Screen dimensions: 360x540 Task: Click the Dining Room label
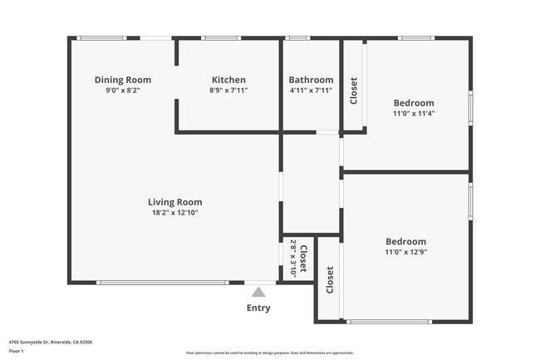coord(122,80)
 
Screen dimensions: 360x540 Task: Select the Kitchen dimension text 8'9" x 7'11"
coord(228,91)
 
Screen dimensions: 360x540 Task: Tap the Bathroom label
coord(311,80)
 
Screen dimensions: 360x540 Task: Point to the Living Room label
coord(174,202)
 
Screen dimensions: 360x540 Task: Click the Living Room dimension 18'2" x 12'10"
coord(174,213)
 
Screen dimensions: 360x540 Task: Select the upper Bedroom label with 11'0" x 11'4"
coord(414,103)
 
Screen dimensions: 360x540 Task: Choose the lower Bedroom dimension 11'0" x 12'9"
coord(405,252)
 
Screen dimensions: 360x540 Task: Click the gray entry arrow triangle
coord(258,292)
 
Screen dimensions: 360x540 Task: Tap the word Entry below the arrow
coord(258,308)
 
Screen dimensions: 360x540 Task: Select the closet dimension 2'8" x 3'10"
coord(292,259)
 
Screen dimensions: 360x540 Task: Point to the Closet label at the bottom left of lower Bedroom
coord(330,279)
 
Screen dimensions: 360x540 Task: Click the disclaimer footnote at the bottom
coord(269,353)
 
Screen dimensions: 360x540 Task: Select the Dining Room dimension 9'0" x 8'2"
coord(122,91)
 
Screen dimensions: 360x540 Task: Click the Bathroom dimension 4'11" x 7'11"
coord(311,91)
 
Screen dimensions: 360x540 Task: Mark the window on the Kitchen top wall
coord(221,37)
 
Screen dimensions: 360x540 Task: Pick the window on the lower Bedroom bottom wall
coord(389,322)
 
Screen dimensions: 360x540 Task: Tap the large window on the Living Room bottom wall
coord(162,283)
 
